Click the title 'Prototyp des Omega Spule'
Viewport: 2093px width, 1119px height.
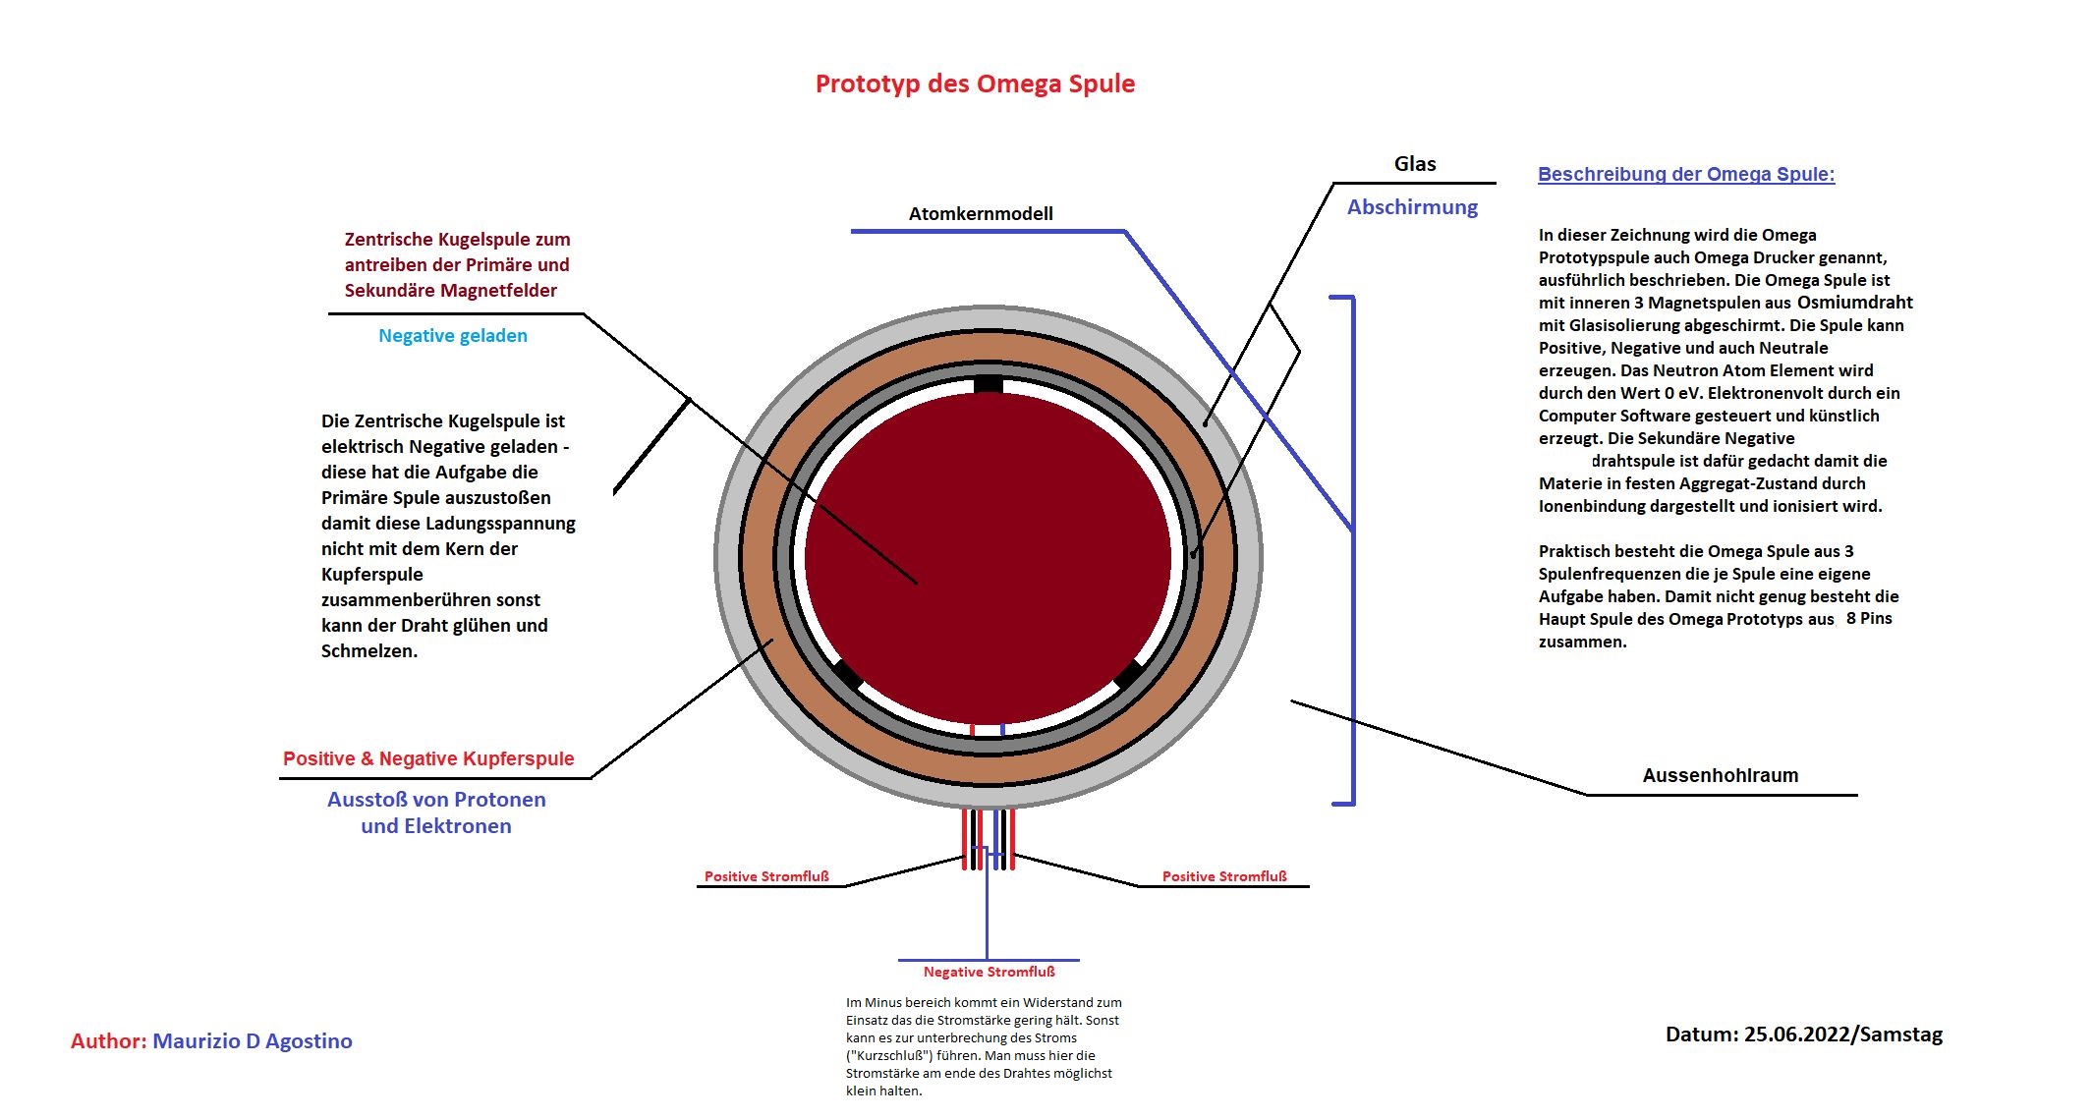click(x=975, y=84)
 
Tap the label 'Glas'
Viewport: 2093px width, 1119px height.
click(x=1415, y=164)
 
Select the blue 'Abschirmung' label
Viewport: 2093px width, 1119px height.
click(x=1412, y=207)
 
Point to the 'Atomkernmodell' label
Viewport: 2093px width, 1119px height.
click(x=981, y=213)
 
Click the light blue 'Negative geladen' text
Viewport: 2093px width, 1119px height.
click(x=453, y=336)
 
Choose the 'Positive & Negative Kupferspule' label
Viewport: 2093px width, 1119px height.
click(x=428, y=758)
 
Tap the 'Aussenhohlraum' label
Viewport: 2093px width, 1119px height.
click(x=1721, y=775)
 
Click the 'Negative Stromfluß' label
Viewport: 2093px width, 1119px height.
click(x=989, y=972)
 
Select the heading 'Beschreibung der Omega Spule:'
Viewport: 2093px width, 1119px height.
click(x=1686, y=174)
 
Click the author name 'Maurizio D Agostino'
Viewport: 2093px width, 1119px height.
click(x=253, y=1041)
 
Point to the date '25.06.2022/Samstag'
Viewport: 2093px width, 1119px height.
click(x=1842, y=1035)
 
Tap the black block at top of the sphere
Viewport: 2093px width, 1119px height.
click(x=988, y=384)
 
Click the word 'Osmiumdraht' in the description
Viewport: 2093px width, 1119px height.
click(x=1855, y=302)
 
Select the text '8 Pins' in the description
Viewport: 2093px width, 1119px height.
click(x=1869, y=618)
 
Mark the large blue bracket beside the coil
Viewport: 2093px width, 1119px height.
click(x=1352, y=550)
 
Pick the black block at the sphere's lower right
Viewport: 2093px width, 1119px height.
click(x=1127, y=673)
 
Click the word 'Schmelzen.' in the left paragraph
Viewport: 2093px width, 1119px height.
click(x=369, y=650)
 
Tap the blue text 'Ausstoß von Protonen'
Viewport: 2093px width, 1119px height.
click(x=436, y=800)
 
